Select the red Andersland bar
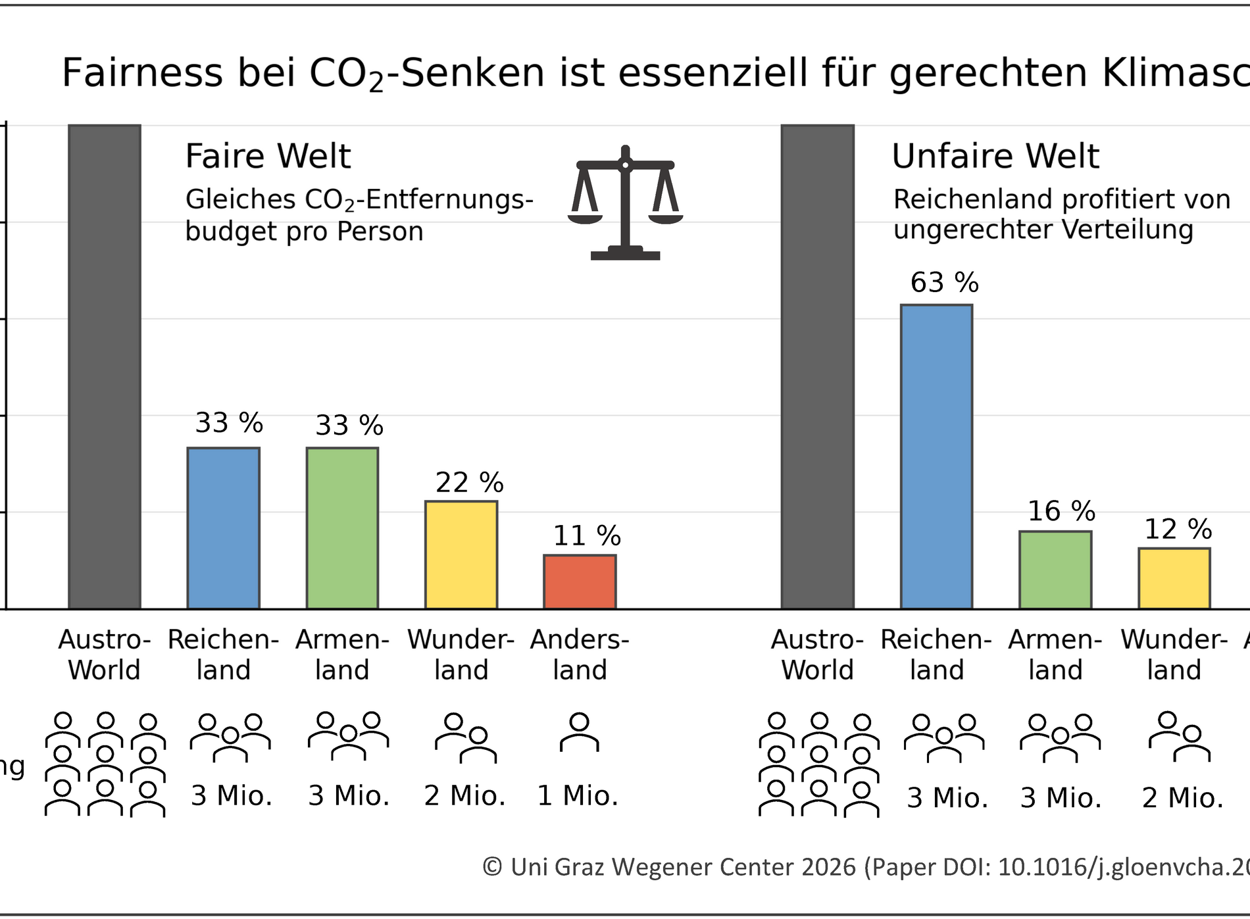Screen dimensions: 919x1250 580,582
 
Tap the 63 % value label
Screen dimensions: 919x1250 944,283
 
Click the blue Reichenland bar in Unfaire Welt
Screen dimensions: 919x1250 936,457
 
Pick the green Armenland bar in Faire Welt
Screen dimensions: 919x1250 342,528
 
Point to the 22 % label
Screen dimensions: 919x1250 469,483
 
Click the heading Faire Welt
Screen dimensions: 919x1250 268,156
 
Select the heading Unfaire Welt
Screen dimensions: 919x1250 995,156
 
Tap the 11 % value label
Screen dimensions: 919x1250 586,535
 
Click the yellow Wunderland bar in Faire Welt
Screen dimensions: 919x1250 461,555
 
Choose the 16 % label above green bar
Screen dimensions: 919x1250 1061,511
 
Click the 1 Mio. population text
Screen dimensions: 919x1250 578,796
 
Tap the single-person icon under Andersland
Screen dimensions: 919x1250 579,732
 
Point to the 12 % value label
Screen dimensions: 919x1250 1178,529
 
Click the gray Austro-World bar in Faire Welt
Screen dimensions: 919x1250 105,366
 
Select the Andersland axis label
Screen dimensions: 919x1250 580,655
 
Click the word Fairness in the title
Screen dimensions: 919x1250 142,72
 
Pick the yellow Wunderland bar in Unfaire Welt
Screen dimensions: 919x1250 1174,578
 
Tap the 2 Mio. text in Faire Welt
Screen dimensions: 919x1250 464,796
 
